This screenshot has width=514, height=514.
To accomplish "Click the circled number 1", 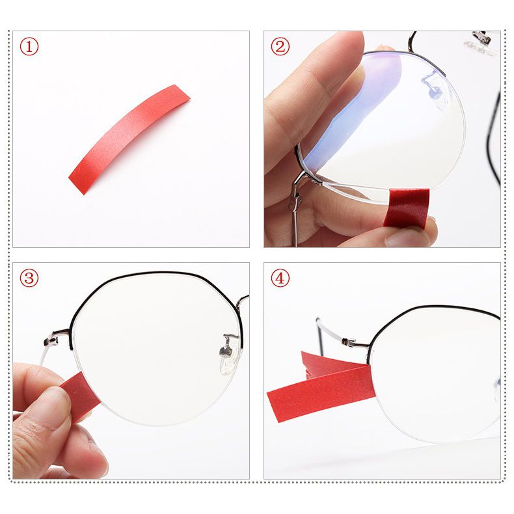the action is click(x=29, y=47).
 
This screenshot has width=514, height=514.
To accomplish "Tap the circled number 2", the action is click(x=280, y=47).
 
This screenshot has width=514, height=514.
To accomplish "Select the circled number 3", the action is click(x=29, y=278).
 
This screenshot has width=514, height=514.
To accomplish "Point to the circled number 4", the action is click(x=280, y=278).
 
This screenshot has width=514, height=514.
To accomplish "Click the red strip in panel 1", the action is click(x=129, y=139).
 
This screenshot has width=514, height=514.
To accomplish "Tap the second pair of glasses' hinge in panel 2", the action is click(x=482, y=39).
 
